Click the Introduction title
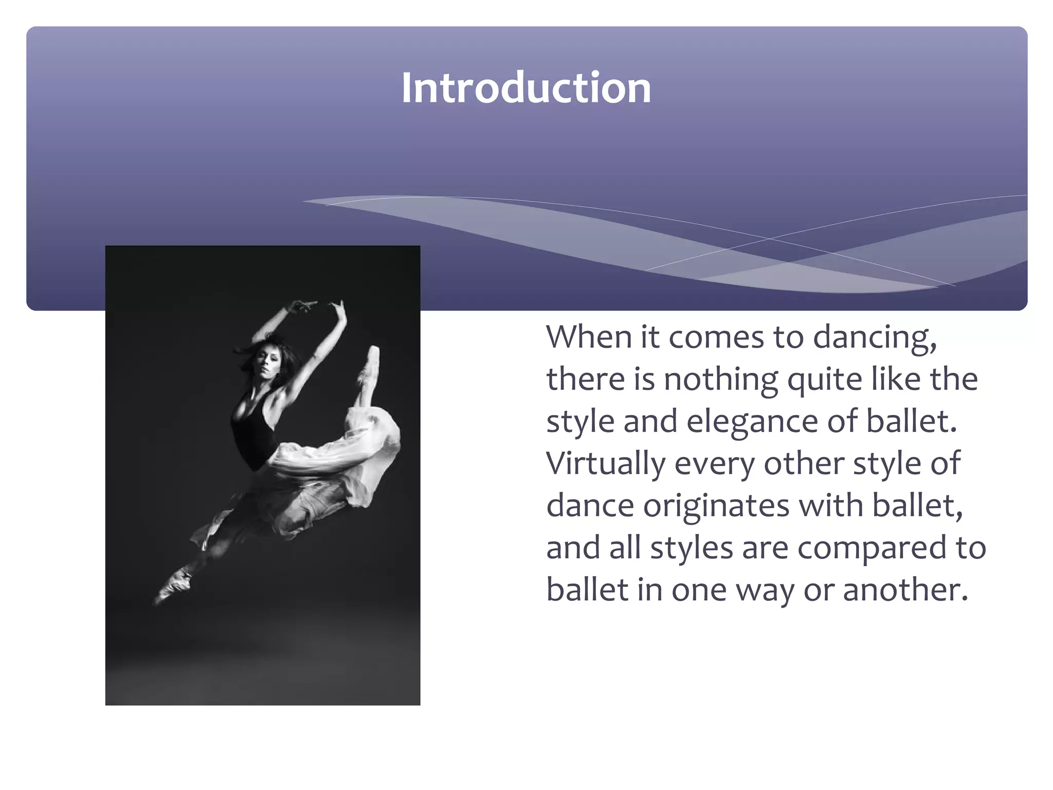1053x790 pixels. pyautogui.click(x=526, y=88)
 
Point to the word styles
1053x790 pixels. pyautogui.click(x=692, y=548)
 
